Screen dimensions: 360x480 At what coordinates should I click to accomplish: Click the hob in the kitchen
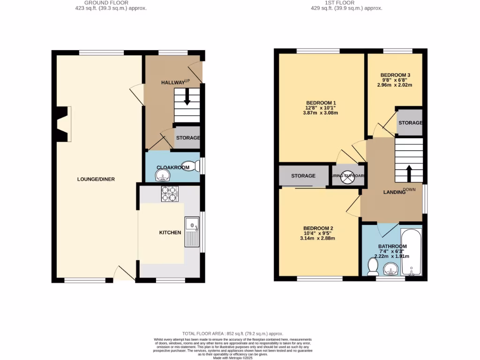(169, 194)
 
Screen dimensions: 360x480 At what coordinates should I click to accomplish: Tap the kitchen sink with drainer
(192, 232)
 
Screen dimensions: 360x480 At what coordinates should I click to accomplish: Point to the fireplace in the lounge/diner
(63, 124)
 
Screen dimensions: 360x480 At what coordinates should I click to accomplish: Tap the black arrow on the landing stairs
(408, 173)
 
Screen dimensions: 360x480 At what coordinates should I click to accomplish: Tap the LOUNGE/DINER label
(96, 179)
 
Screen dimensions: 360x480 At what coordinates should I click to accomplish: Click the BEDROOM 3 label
(395, 75)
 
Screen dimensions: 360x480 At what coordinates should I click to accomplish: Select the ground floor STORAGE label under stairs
(188, 138)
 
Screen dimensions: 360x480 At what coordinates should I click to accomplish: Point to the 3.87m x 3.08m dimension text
(322, 113)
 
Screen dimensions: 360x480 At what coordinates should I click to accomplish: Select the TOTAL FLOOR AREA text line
(232, 333)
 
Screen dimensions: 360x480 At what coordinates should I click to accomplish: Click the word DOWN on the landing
(409, 190)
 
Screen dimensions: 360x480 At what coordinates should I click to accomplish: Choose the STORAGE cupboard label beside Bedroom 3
(410, 123)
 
